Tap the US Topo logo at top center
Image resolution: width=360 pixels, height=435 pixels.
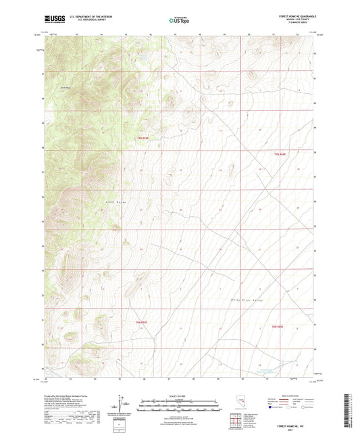[x=180, y=21]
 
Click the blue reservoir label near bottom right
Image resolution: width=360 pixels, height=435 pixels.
[x=269, y=369]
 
